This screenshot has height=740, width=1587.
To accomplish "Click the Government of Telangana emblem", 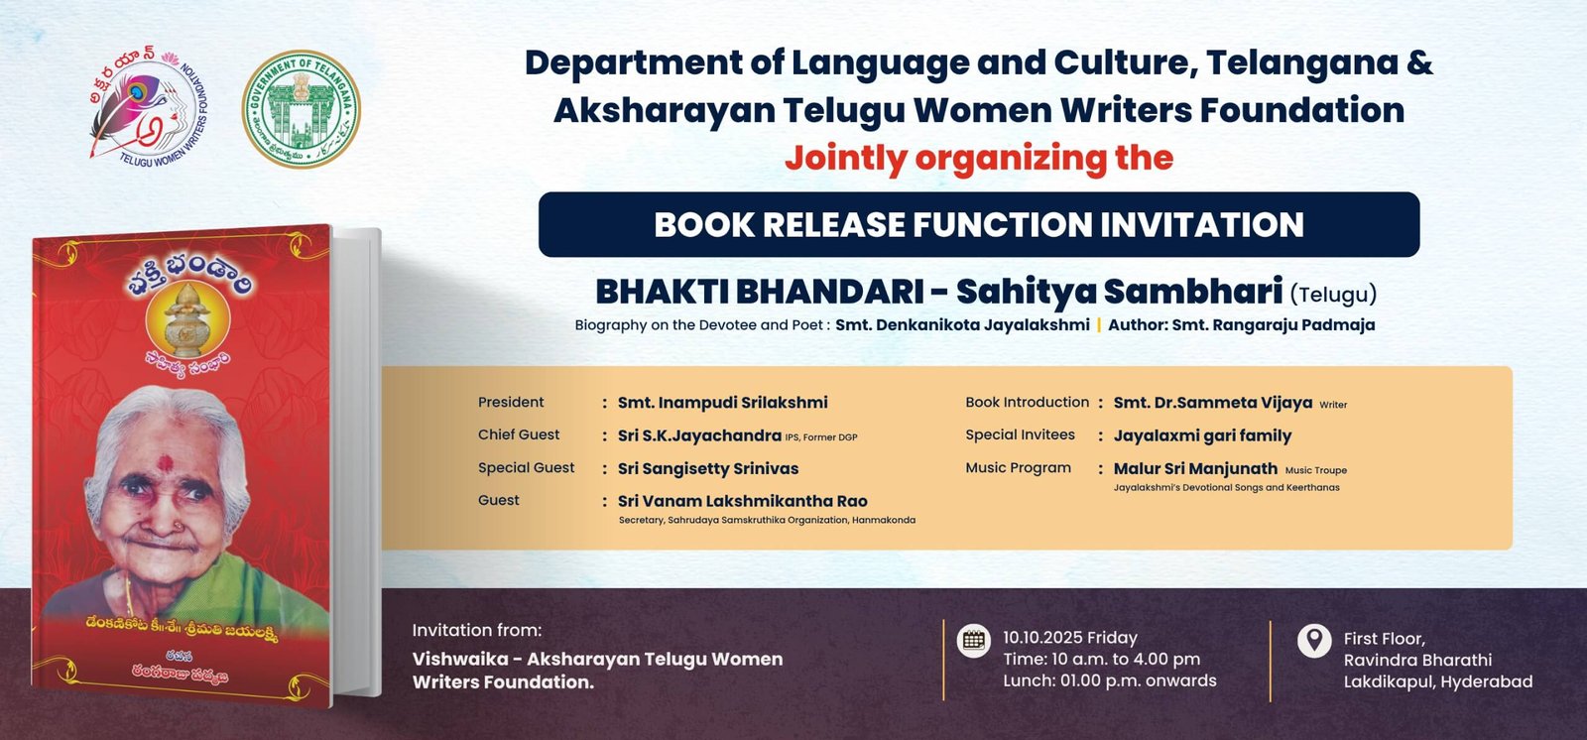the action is pyautogui.click(x=302, y=108).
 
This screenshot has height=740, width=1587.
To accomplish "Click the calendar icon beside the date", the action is pyautogui.click(x=973, y=641).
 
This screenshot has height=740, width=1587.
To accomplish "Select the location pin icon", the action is pyautogui.click(x=1314, y=641).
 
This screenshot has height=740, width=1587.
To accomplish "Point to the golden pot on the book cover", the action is pyautogui.click(x=187, y=320).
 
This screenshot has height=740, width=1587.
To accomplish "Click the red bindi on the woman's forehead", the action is pyautogui.click(x=165, y=463).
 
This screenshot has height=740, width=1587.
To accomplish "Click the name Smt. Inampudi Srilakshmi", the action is pyautogui.click(x=723, y=403).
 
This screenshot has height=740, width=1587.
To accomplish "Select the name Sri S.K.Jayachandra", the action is pyautogui.click(x=699, y=435).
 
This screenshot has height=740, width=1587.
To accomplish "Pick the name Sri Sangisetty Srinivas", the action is pyautogui.click(x=708, y=468).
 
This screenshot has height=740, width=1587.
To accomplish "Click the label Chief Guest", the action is pyautogui.click(x=519, y=434).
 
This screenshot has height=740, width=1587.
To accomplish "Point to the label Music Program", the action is pyautogui.click(x=1018, y=468).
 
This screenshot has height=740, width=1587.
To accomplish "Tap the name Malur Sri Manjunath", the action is pyautogui.click(x=1195, y=468).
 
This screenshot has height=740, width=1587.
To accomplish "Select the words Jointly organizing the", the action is pyautogui.click(x=979, y=158).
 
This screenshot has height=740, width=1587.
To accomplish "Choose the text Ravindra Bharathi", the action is pyautogui.click(x=1417, y=660).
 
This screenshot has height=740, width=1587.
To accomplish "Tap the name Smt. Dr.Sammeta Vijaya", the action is pyautogui.click(x=1213, y=403).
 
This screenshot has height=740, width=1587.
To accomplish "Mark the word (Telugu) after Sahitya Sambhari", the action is pyautogui.click(x=1333, y=294).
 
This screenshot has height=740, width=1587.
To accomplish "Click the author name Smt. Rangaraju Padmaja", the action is pyautogui.click(x=1274, y=325).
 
